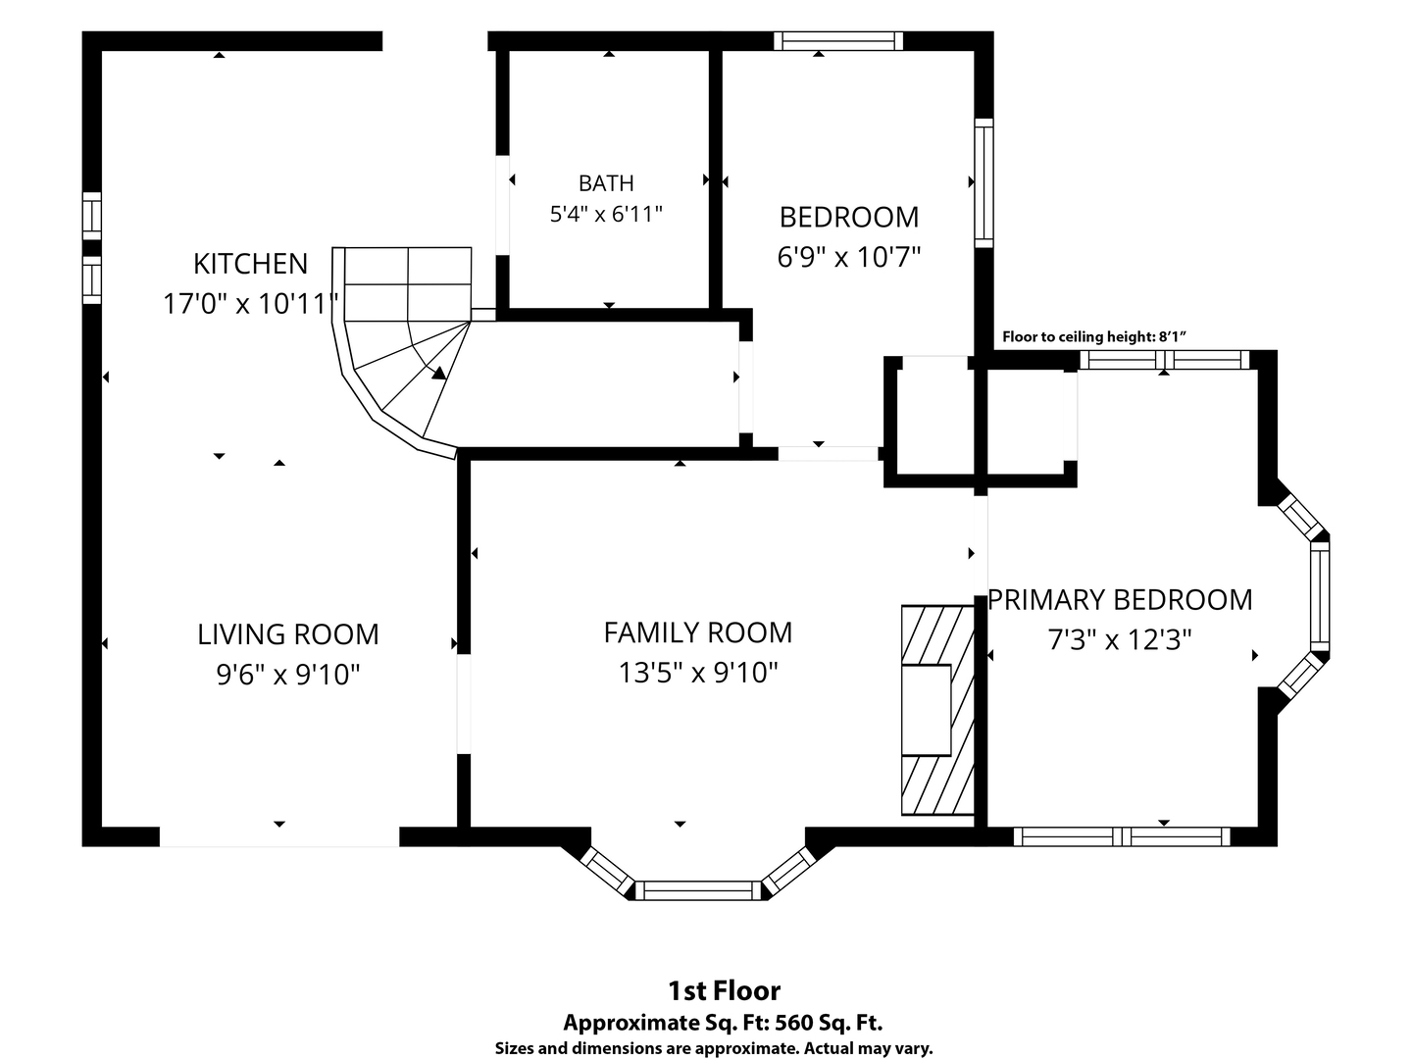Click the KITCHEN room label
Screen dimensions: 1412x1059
point(250,264)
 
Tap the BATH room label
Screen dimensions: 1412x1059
point(606,183)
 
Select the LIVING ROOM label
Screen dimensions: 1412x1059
point(287,634)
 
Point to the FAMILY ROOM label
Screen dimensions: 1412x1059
point(697,632)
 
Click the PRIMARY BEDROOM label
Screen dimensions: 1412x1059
point(1120,600)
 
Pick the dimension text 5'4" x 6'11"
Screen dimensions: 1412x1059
point(606,214)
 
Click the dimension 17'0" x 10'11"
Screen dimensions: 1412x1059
point(251,304)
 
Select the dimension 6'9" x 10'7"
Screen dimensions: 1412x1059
point(849,257)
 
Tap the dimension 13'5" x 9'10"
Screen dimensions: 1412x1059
point(698,674)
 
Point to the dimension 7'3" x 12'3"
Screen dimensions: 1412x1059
point(1120,639)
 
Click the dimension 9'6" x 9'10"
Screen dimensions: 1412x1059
point(287,675)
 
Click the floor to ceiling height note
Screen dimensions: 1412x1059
point(1093,337)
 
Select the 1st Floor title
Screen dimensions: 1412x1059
point(725,990)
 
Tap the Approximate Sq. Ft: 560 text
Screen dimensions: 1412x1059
point(723,1023)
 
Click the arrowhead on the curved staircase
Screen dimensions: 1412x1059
point(439,373)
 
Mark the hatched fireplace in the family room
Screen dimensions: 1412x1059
point(938,711)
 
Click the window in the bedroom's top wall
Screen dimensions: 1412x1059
point(838,41)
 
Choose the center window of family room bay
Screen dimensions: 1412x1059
point(698,890)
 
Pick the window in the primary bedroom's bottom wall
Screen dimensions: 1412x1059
point(1122,836)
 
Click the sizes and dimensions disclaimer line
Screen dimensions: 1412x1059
point(714,1049)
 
